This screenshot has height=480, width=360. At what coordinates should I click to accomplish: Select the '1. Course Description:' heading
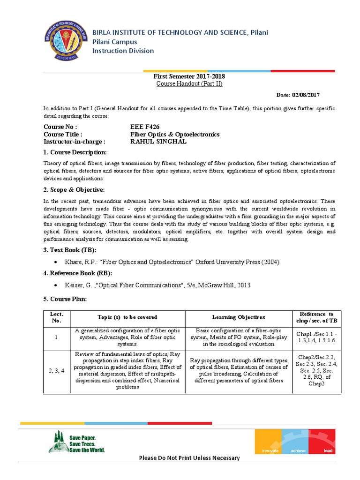75,153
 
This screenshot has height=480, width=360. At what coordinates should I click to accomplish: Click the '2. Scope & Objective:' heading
74,189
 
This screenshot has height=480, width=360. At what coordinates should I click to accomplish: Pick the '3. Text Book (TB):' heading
70,250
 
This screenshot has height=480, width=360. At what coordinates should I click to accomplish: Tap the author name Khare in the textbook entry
76,262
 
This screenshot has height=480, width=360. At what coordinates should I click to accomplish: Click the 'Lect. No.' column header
56,317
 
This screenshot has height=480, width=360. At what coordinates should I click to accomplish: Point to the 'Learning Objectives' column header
239,317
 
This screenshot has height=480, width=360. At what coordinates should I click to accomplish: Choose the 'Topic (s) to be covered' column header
127,317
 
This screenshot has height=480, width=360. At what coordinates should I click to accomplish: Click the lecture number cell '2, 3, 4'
56,371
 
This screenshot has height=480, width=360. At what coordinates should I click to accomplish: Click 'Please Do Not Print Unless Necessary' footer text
189,458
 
